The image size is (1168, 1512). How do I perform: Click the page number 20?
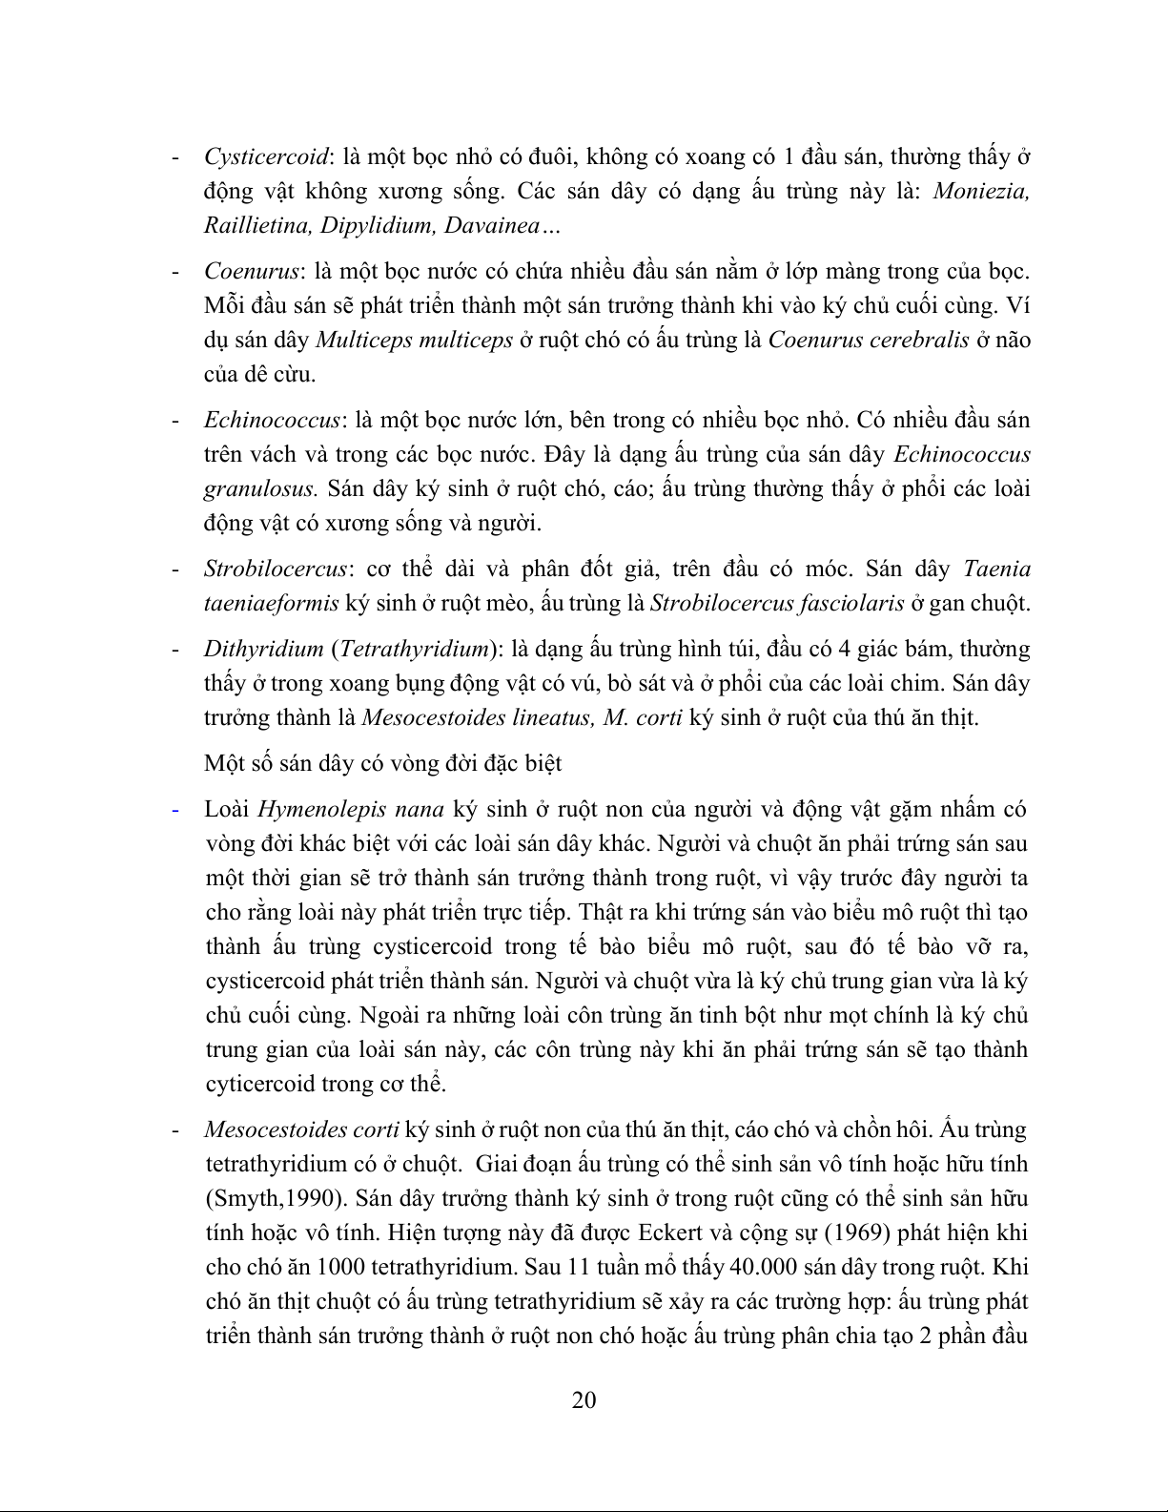pos(584,1399)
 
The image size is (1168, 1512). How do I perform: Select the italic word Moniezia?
pos(980,191)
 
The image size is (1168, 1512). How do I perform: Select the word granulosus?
pos(259,489)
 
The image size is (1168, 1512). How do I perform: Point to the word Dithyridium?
pos(263,650)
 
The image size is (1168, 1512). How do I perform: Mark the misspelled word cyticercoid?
pos(258,1085)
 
